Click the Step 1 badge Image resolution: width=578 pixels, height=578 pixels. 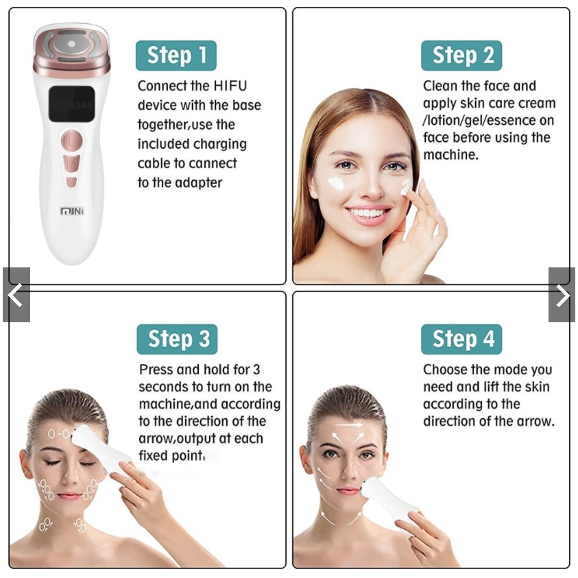(x=176, y=56)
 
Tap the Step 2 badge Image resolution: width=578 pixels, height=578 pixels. (x=461, y=56)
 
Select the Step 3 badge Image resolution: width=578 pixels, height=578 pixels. (x=178, y=339)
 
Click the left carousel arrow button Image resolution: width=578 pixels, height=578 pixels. (x=16, y=295)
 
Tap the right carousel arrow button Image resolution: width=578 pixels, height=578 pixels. (x=562, y=295)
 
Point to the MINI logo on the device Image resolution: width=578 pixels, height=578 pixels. (x=71, y=210)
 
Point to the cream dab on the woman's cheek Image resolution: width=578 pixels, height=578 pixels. (x=335, y=183)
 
